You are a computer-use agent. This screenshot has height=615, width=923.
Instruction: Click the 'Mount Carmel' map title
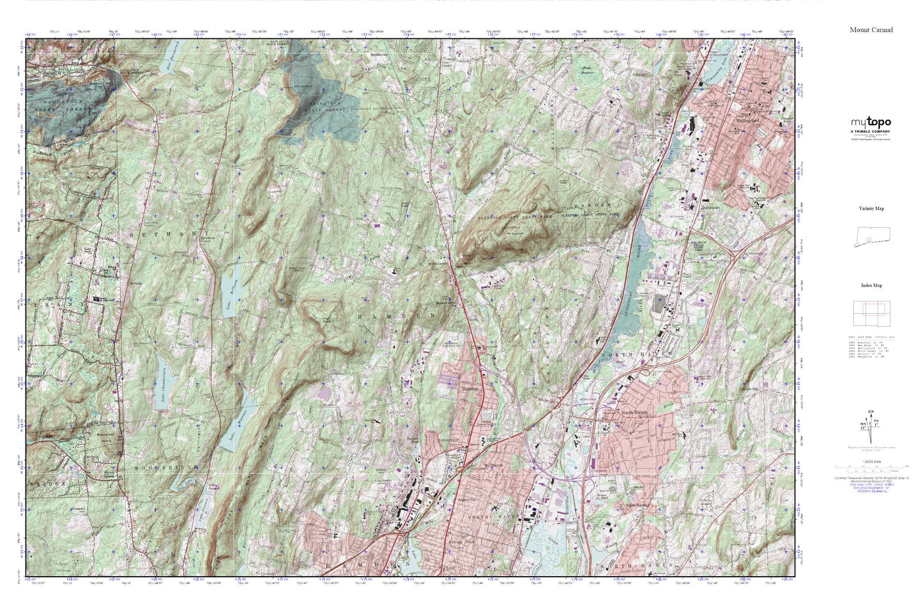tap(871, 30)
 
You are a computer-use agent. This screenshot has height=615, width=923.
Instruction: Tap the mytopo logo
tap(870, 123)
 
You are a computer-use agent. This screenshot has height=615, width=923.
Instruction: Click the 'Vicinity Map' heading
tap(871, 209)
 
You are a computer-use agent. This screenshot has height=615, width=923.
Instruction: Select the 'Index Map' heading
tap(871, 285)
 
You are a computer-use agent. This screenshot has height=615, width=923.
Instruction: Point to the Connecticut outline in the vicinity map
tap(872, 237)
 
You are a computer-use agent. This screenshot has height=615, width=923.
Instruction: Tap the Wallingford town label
tap(747, 120)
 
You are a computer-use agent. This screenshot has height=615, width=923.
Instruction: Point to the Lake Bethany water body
tap(234, 288)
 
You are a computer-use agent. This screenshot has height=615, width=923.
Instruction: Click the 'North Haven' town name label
tap(635, 413)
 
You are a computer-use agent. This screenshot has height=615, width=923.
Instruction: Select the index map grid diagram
tap(871, 314)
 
